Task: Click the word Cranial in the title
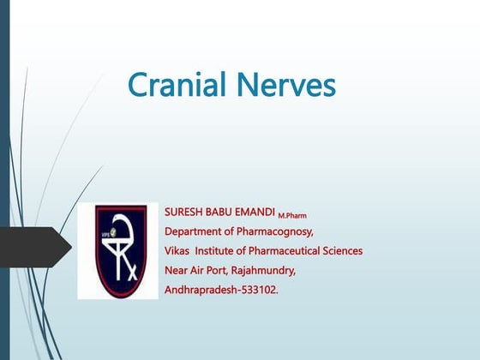(x=176, y=86)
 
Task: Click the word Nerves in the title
(x=284, y=86)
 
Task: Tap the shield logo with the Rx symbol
(x=117, y=250)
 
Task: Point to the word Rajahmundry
(x=262, y=271)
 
